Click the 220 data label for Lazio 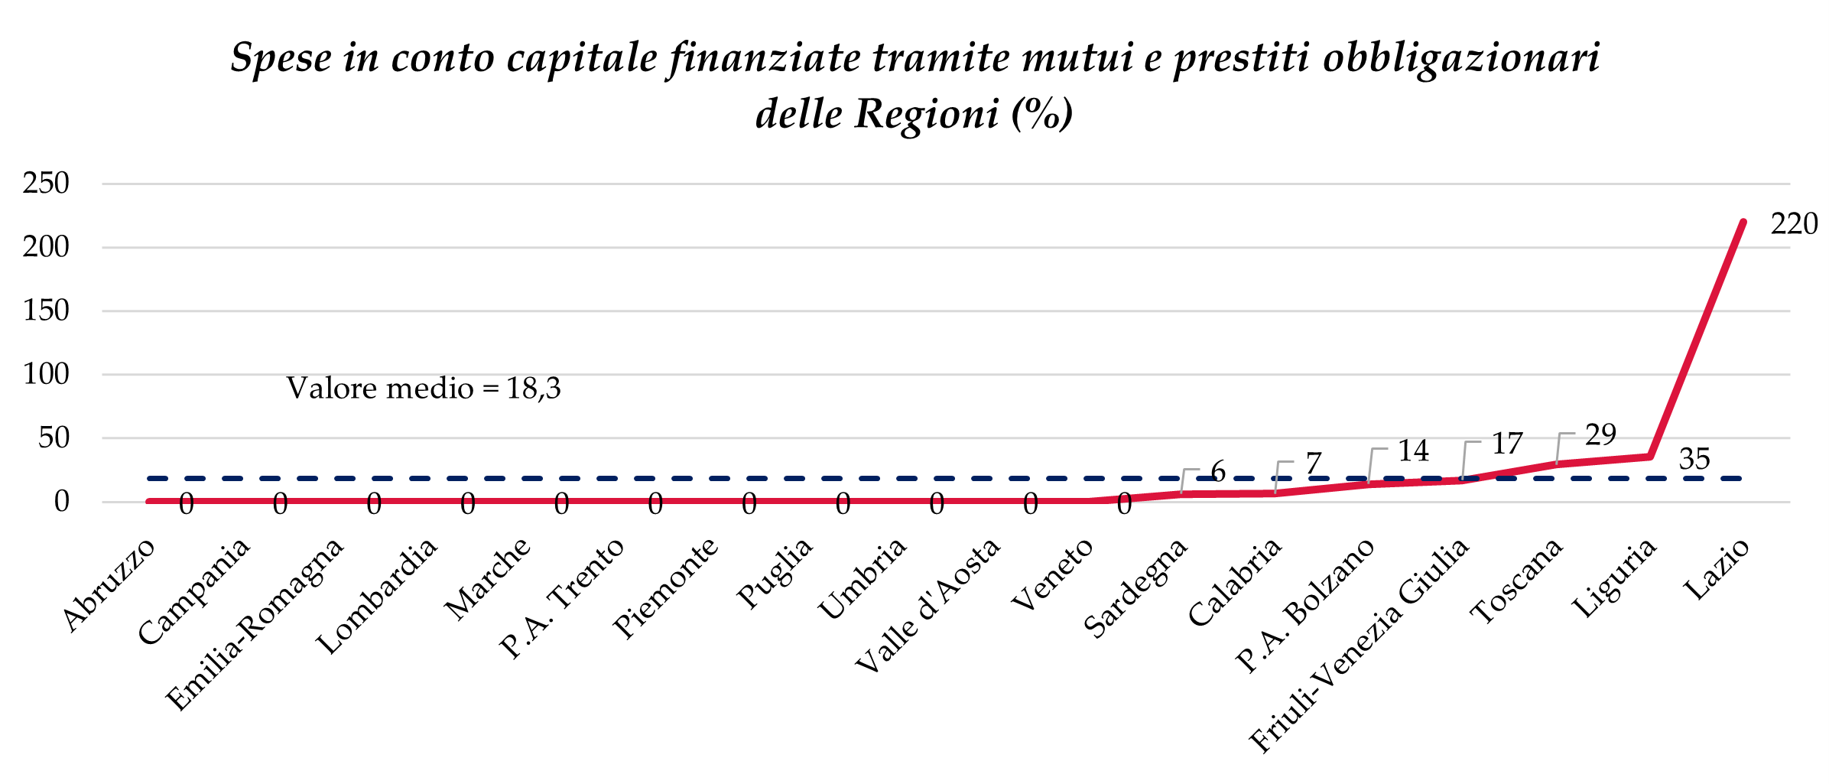click(1794, 224)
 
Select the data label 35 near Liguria click(1694, 459)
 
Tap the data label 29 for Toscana click(1600, 435)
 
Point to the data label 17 click(1507, 444)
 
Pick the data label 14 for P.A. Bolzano click(1413, 451)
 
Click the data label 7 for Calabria click(1314, 464)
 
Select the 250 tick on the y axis click(47, 184)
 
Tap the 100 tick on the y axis click(47, 374)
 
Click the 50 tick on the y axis click(54, 438)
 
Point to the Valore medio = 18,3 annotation click(424, 389)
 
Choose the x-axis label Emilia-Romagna click(255, 624)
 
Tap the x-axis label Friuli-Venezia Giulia click(1359, 644)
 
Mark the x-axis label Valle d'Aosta click(927, 605)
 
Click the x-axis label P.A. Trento click(562, 597)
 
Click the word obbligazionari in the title click(1461, 58)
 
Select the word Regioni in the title click(927, 115)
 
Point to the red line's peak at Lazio click(1743, 223)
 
